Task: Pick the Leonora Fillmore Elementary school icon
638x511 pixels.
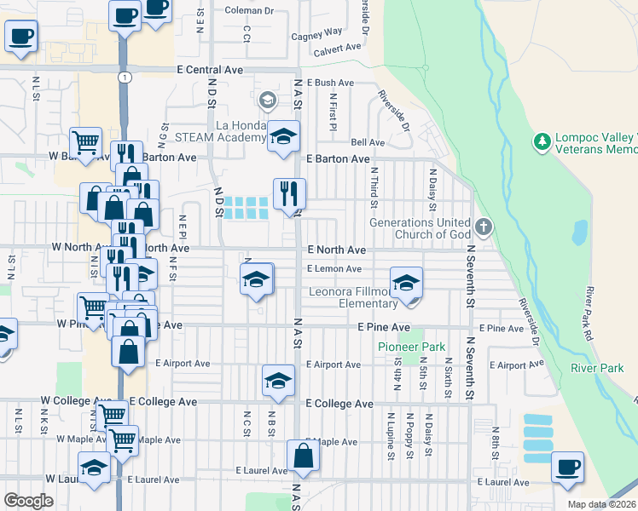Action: [407, 281]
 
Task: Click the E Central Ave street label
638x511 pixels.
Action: [210, 70]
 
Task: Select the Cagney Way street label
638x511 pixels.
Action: [316, 35]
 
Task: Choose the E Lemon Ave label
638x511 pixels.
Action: [334, 269]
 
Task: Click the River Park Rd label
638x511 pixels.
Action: [600, 311]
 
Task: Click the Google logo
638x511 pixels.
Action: [28, 501]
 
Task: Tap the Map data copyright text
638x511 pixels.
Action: [602, 504]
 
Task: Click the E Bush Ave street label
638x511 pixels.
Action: [328, 83]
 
